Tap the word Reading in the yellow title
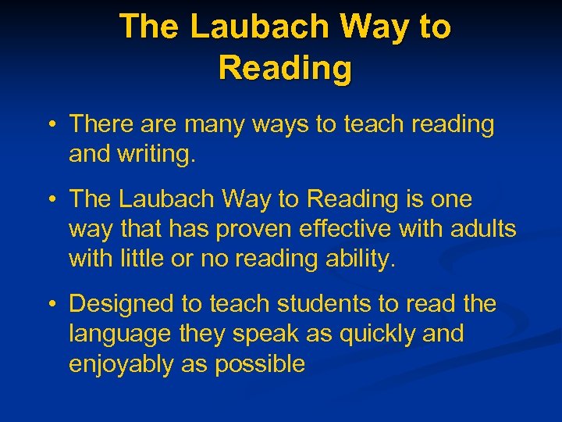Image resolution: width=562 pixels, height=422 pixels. tap(285, 68)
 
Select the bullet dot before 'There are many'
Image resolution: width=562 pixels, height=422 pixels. tap(50, 125)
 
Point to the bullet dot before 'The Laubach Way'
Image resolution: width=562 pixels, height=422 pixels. tap(50, 200)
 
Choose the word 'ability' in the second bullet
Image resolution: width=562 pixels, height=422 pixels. tap(357, 259)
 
